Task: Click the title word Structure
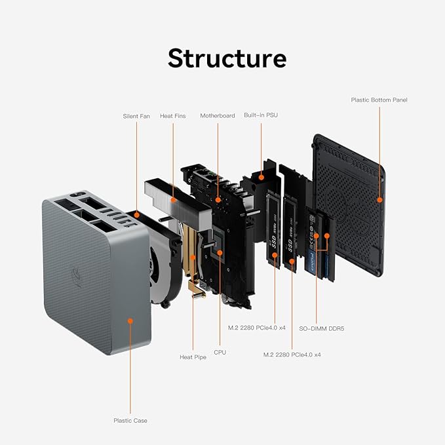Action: [227, 58]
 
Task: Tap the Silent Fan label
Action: [136, 116]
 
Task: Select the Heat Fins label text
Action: [172, 116]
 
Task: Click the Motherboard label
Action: [217, 116]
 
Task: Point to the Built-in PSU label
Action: [261, 115]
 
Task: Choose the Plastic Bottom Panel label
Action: [379, 100]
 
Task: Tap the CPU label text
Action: [220, 352]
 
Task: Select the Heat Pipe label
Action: [193, 357]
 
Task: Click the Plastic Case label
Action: [130, 420]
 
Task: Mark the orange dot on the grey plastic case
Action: [130, 321]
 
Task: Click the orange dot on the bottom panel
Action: [379, 199]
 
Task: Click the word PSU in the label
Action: [271, 115]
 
